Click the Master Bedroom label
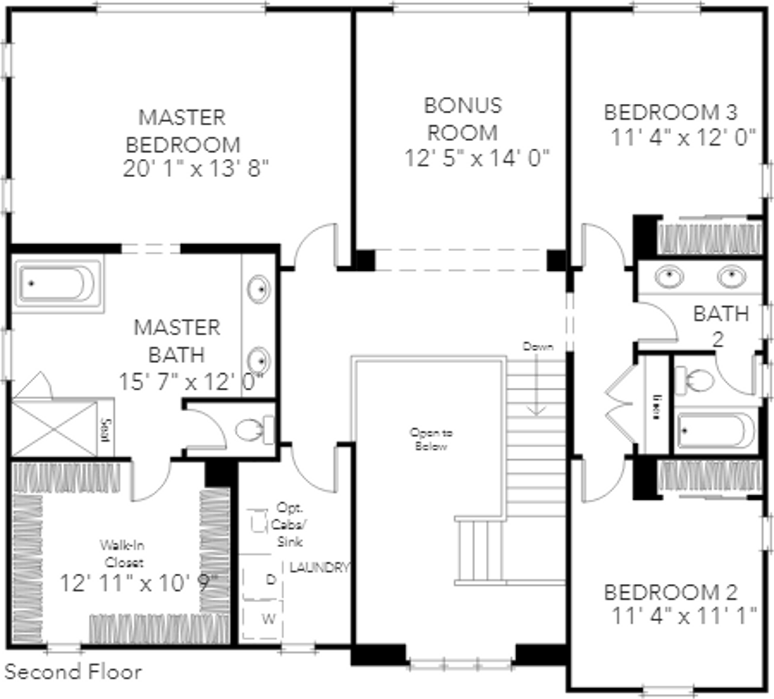tap(182, 131)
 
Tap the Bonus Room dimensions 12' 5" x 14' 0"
tap(477, 157)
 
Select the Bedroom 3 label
tap(680, 111)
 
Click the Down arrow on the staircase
tap(536, 378)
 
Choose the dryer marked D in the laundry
tap(270, 579)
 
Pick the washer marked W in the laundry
tap(269, 619)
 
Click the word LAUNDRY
tap(319, 567)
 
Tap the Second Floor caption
tap(74, 671)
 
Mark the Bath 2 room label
tap(721, 325)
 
